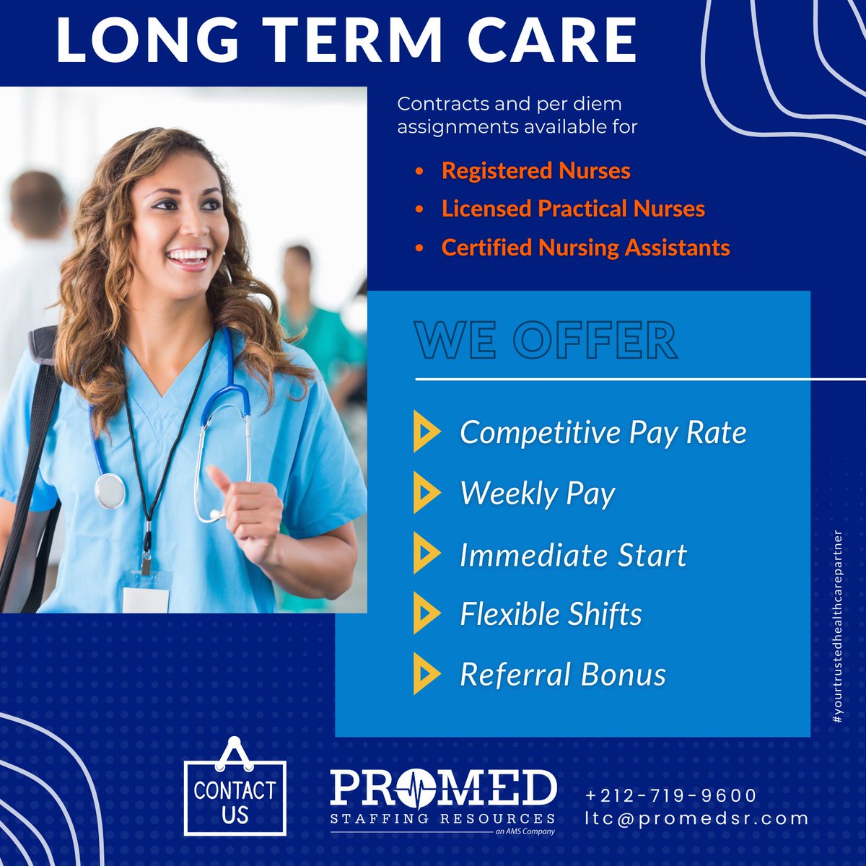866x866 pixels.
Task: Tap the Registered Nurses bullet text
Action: pos(535,171)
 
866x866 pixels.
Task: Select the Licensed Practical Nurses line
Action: pos(573,209)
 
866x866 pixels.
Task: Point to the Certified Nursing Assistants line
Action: pos(585,248)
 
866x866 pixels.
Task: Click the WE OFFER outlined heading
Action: pos(546,341)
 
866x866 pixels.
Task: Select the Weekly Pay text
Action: pos(538,494)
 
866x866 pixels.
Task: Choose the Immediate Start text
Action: pos(573,555)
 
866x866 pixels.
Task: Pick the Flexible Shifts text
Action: pos(551,614)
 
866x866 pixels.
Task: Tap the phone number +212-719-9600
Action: pos(671,795)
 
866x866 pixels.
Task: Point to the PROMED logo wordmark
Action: pos(443,789)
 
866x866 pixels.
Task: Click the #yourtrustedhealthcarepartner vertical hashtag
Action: pos(838,628)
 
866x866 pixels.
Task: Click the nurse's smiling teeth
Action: pos(189,255)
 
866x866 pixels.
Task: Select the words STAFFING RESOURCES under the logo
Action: pos(442,818)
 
